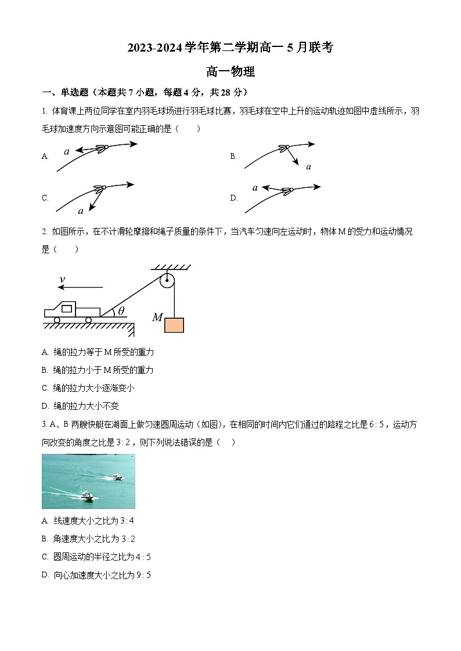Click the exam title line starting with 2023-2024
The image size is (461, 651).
230,48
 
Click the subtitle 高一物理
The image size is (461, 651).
230,72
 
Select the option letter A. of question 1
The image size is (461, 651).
45,156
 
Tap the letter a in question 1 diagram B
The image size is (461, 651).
308,167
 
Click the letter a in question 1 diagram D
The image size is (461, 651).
255,187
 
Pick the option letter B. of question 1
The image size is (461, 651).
233,156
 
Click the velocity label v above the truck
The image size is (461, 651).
62,280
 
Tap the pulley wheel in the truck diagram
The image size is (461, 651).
167,282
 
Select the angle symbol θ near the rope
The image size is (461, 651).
121,311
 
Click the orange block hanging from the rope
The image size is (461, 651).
174,325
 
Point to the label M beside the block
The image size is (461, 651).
157,318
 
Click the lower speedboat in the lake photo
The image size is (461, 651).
87,495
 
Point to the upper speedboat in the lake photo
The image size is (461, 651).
118,477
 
